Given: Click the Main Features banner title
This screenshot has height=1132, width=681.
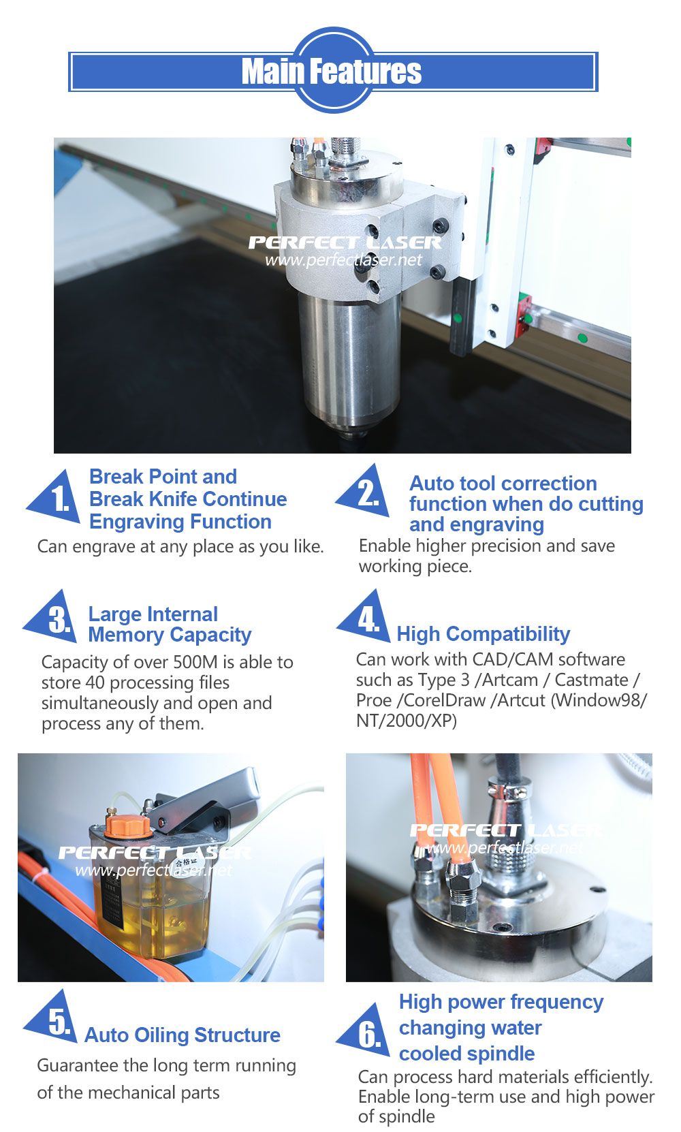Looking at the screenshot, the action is tap(332, 72).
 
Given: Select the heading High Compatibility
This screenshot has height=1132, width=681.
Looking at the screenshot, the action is tap(484, 633).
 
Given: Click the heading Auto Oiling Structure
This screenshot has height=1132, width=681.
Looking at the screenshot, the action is tap(182, 1035).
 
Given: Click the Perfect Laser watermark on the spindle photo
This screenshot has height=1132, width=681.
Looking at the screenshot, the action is tap(345, 242).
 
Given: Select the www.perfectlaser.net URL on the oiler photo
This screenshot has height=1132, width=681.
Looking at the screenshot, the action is tap(154, 870).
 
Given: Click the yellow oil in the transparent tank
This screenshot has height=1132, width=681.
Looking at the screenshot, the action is tap(152, 926).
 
